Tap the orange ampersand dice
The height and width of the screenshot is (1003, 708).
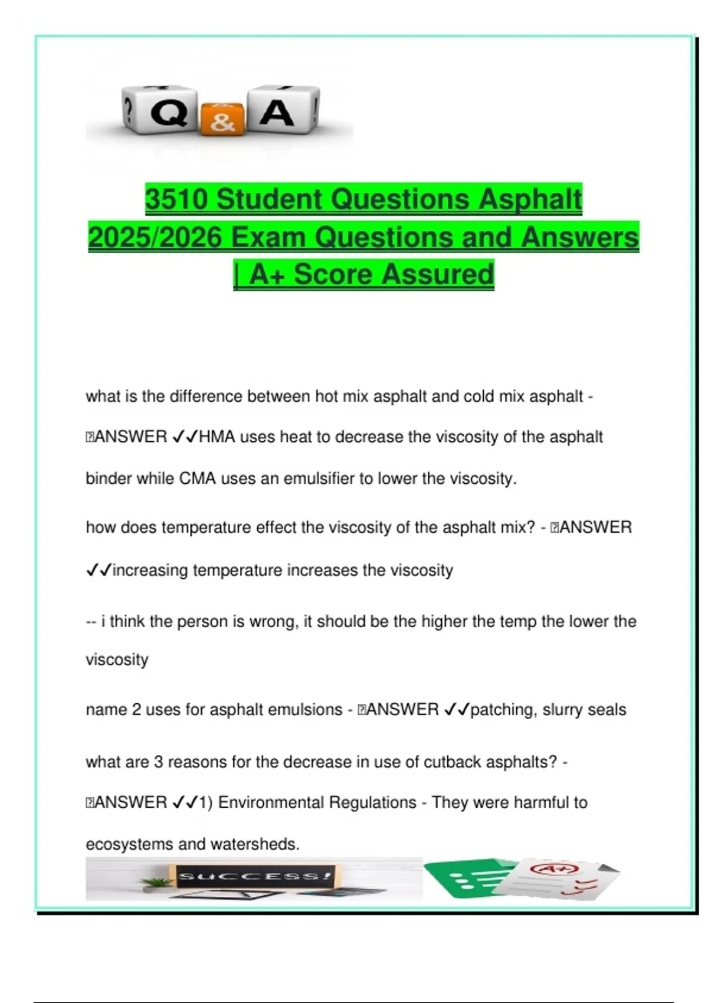point(222,119)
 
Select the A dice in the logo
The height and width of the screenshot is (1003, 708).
point(281,110)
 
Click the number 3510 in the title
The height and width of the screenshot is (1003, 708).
point(176,199)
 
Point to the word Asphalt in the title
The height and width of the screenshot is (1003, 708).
point(530,199)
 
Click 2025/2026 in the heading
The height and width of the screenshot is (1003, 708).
point(155,238)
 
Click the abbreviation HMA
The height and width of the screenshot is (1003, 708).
point(218,437)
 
